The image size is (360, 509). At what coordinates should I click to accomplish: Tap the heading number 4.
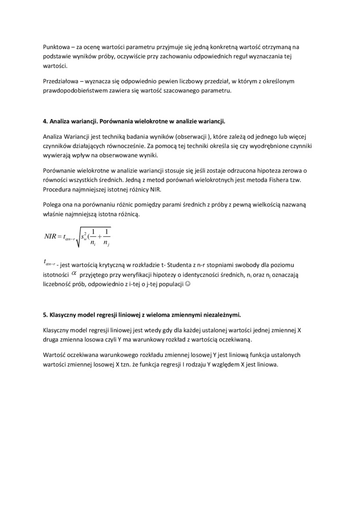(x=45, y=121)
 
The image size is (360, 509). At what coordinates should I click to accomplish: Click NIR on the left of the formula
(x=50, y=236)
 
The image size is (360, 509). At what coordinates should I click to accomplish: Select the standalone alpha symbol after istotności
(x=73, y=274)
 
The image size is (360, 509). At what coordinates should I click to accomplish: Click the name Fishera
(x=274, y=180)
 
